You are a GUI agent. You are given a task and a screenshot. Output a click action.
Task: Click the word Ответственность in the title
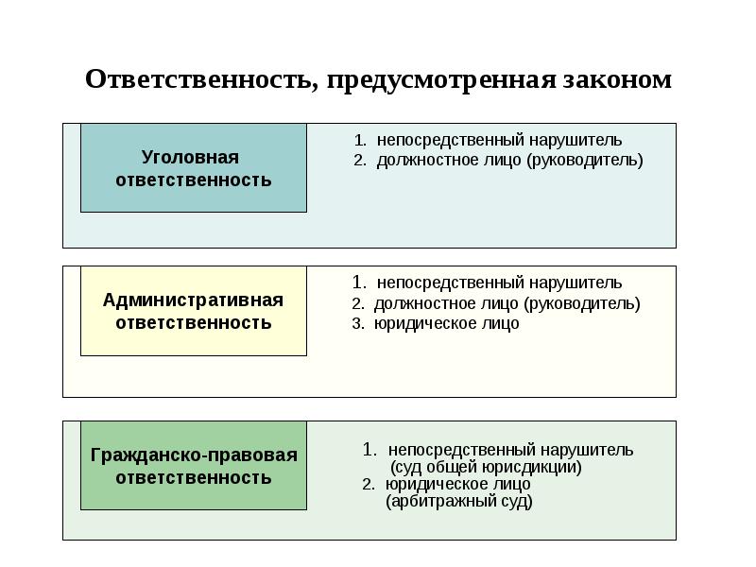[x=198, y=79]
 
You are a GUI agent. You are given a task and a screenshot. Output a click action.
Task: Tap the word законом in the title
[x=617, y=79]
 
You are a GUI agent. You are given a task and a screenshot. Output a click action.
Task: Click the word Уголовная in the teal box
[x=191, y=157]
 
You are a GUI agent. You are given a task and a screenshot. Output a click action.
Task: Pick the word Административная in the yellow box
[x=194, y=300]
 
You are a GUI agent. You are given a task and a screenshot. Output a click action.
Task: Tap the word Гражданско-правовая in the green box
[x=194, y=455]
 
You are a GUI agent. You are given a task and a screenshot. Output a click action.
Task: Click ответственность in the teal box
[x=194, y=180]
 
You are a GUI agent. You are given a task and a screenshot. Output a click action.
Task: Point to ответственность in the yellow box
[x=194, y=323]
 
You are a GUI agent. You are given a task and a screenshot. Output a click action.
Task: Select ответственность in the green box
[x=194, y=478]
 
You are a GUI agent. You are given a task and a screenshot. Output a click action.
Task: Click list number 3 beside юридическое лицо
[x=358, y=323]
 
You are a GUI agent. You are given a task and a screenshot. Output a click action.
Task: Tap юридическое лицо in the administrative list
[x=446, y=323]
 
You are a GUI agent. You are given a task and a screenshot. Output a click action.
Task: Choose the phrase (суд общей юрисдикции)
[x=486, y=467]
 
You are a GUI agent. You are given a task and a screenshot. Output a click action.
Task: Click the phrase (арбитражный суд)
[x=459, y=502]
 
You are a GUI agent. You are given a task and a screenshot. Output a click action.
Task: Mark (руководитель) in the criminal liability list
[x=584, y=160]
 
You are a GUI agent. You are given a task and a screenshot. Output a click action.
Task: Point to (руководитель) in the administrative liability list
[x=581, y=303]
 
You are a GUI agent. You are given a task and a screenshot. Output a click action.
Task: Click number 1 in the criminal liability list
[x=360, y=140]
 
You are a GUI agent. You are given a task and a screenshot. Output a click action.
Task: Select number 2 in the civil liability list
[x=369, y=485]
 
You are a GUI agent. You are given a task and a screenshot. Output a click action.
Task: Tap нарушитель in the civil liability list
[x=587, y=450]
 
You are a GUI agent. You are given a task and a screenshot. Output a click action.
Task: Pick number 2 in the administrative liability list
[x=358, y=303]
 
